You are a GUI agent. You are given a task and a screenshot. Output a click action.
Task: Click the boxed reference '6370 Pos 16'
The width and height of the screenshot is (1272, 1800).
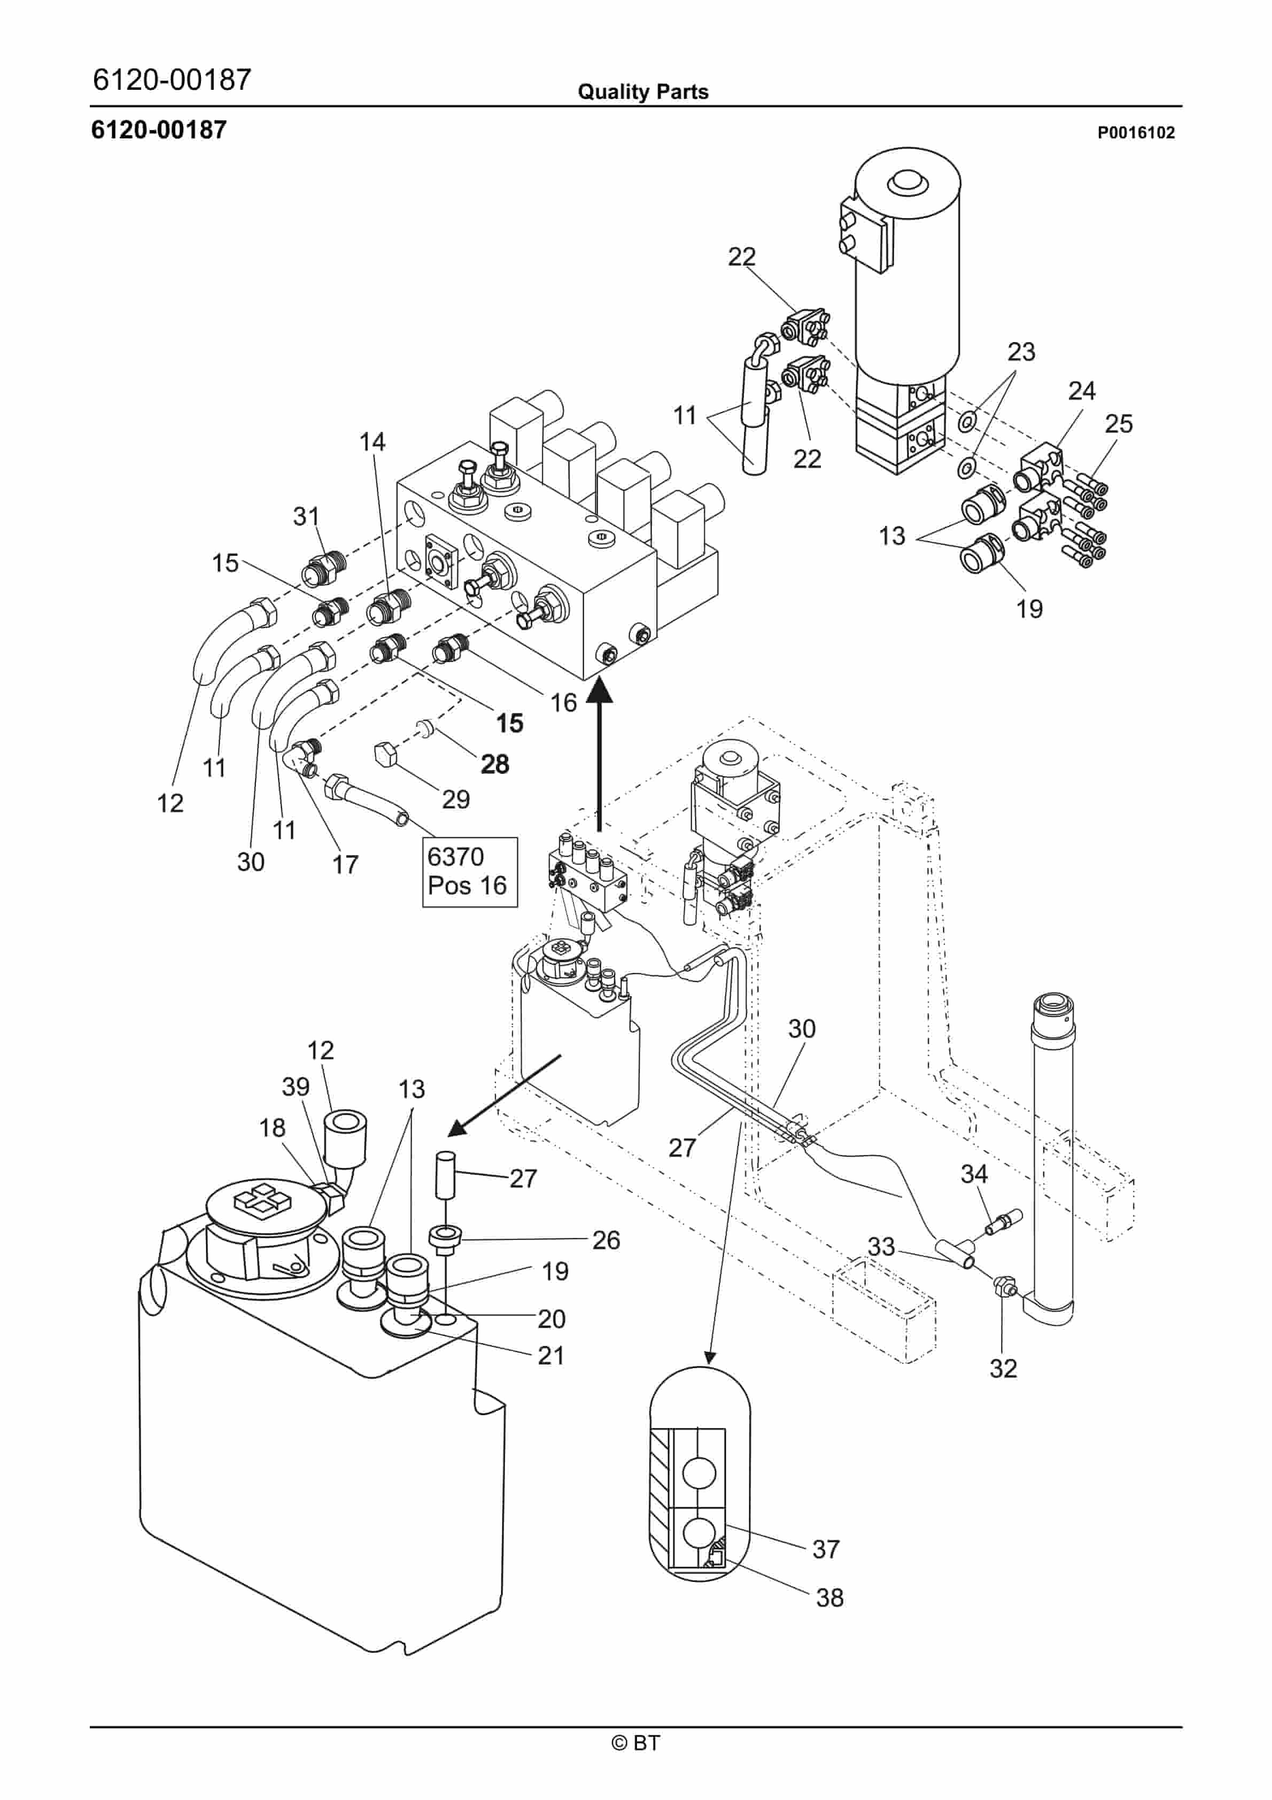point(470,872)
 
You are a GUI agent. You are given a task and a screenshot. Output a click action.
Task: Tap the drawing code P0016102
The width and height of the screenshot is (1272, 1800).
point(1136,133)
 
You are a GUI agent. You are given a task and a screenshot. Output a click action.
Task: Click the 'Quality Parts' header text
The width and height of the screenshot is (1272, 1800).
point(643,92)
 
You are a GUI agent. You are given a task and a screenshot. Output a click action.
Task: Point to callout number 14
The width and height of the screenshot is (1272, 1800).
point(373,441)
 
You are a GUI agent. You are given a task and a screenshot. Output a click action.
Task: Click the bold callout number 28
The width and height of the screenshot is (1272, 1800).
point(495,764)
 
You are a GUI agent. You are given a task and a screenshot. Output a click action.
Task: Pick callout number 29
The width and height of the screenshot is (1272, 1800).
point(456,799)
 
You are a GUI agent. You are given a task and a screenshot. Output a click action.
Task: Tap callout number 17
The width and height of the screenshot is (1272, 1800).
point(345,864)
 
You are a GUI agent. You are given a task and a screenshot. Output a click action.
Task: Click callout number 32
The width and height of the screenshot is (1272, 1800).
point(1003,1368)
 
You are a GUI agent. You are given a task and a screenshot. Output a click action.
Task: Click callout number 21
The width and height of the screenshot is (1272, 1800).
point(552,1355)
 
